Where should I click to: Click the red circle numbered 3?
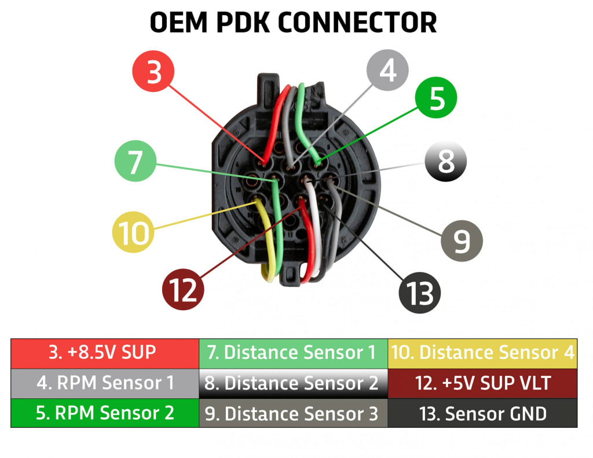tap(153, 71)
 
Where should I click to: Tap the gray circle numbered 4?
tap(387, 70)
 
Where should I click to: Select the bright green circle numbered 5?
tap(436, 97)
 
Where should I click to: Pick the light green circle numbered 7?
tap(136, 161)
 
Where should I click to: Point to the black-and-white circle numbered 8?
tap(446, 161)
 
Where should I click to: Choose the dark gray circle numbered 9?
tap(462, 241)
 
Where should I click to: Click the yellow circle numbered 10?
tap(133, 232)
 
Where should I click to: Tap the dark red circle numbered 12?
tap(183, 289)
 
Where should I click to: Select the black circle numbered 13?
tap(420, 293)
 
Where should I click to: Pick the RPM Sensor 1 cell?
tap(105, 383)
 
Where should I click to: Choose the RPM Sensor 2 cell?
tap(105, 413)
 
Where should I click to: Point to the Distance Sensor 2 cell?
tap(293, 383)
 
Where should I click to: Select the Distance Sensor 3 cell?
tap(293, 413)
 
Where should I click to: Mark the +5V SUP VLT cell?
tap(482, 383)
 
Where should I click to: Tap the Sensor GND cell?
tap(482, 413)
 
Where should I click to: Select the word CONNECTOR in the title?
tap(357, 23)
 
